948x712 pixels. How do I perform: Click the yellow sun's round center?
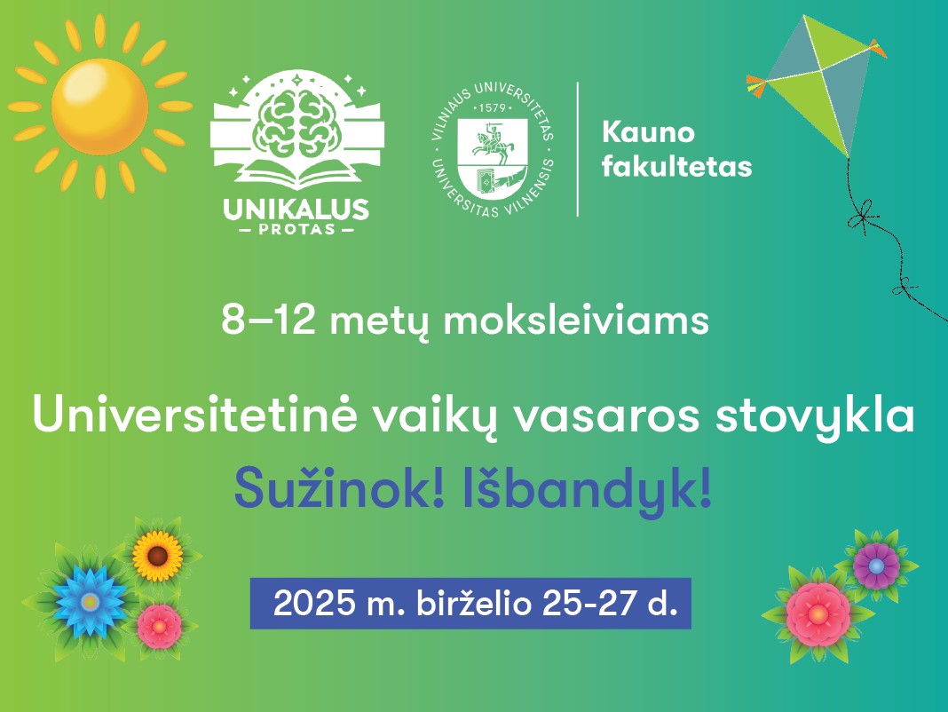tap(99, 107)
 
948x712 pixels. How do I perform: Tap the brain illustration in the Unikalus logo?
tap(297, 128)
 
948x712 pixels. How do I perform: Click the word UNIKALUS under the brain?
tap(296, 210)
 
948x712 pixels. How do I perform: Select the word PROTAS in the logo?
tap(296, 230)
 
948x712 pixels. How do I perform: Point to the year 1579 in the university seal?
tap(492, 108)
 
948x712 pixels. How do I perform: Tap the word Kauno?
tap(648, 132)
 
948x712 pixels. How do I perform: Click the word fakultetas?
tap(676, 166)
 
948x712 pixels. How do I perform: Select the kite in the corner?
tap(817, 84)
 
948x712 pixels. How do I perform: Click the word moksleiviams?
tap(576, 320)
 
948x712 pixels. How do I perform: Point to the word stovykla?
tap(815, 416)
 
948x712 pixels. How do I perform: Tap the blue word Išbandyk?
tap(587, 491)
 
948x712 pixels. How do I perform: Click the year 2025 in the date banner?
tap(314, 603)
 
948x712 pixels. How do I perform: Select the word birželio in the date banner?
tap(474, 603)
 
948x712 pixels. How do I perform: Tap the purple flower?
tap(877, 566)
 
